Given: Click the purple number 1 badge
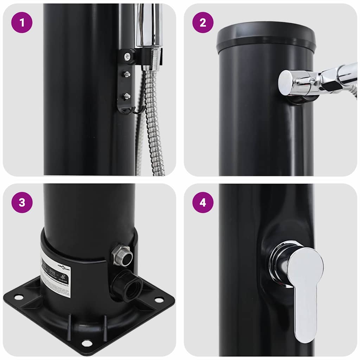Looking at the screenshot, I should pos(22,22).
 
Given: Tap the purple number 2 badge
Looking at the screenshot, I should pos(203,22).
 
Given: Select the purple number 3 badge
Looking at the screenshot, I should pos(22,202).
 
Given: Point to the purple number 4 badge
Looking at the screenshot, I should pos(203,202).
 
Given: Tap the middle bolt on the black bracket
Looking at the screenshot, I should pos(127,74).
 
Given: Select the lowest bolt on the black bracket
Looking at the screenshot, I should pos(127,96).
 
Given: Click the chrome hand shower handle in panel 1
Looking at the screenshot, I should pos(148,25).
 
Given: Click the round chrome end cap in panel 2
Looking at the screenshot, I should pos(287,83).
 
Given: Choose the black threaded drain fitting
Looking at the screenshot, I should pos(129,285).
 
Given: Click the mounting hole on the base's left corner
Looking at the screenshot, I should pos(18,297).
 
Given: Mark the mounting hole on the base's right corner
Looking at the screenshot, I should pos(159,300).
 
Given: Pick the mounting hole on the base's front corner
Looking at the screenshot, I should pos(86,343).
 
